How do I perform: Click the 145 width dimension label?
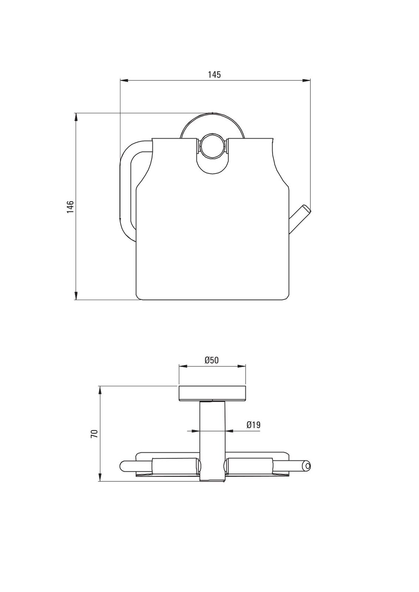pyautogui.click(x=214, y=75)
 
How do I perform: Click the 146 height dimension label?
pyautogui.click(x=70, y=207)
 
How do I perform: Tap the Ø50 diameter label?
pyautogui.click(x=212, y=360)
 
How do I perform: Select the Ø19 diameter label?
pyautogui.click(x=253, y=425)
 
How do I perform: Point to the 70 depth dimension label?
pyautogui.click(x=94, y=434)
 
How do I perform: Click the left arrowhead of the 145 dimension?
pyautogui.click(x=124, y=80)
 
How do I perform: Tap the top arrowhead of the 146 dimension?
pyautogui.click(x=76, y=117)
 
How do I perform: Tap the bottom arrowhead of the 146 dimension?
pyautogui.click(x=76, y=296)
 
